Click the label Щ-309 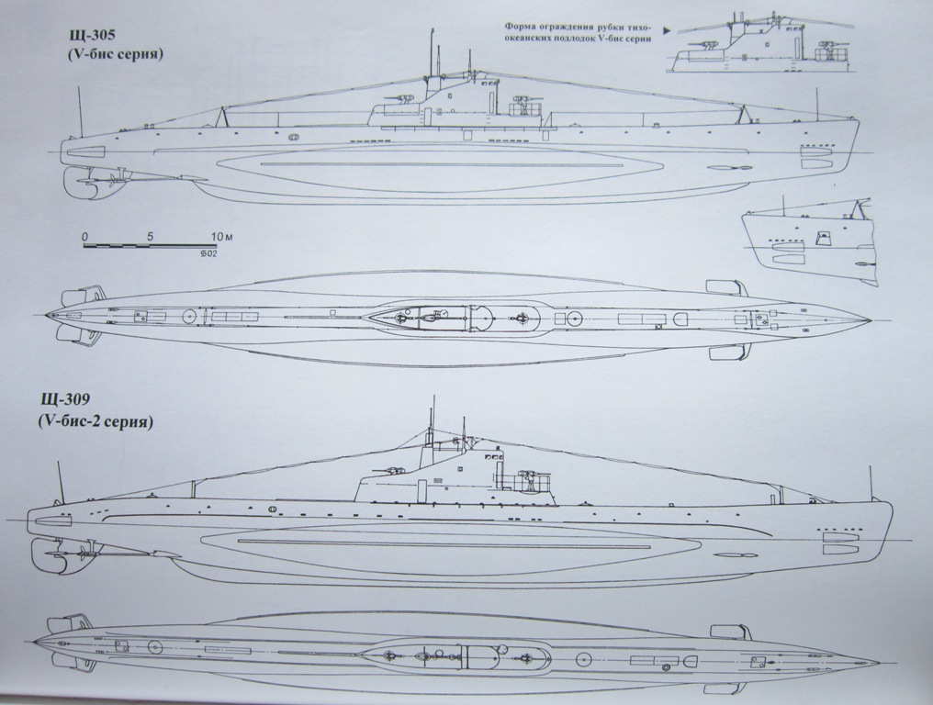pos(68,401)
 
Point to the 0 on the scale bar pos(84,237)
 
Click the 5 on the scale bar pos(150,237)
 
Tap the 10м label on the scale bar pos(220,237)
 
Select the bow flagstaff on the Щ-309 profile pos(870,481)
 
